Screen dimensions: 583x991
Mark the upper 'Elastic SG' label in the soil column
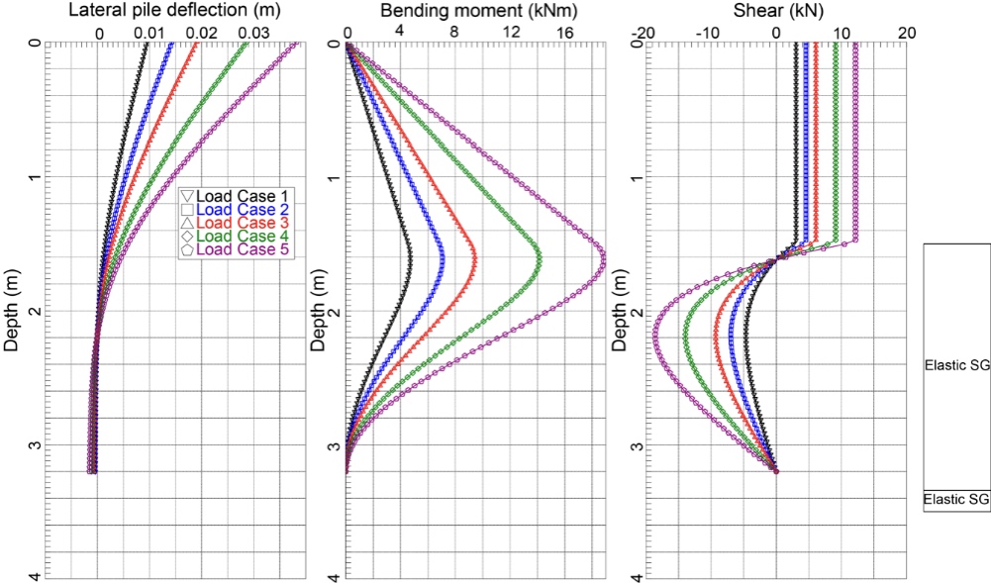click(955, 365)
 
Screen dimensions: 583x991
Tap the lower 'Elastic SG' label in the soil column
click(955, 500)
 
